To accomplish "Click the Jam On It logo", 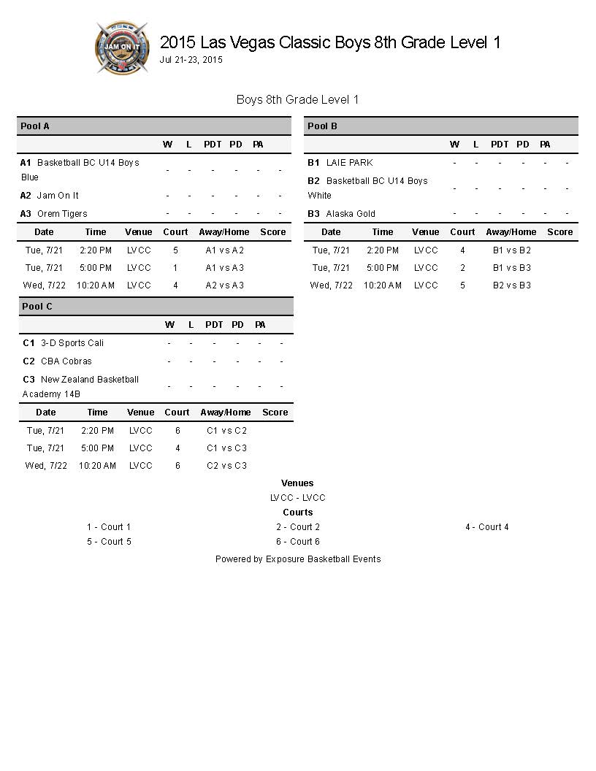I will pos(122,47).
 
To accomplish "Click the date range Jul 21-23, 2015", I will pos(191,60).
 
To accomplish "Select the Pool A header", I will pos(35,126).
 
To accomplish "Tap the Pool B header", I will pos(322,126).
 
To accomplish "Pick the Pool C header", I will pos(37,307).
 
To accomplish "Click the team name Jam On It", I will pos(58,196).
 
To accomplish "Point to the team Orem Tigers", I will pos(62,214).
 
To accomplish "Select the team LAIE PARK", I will pos(349,163).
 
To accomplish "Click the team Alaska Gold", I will pos(351,214).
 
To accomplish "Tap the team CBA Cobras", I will pos(66,361).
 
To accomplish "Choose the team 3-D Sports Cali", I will pos(72,343).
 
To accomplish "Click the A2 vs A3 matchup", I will pos(225,285).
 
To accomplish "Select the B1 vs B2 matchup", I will pos(512,250).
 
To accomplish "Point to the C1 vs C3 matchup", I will pos(227,448).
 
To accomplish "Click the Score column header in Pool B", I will pos(560,232).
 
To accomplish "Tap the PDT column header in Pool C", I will pos(214,325).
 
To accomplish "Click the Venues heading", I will pos(297,483).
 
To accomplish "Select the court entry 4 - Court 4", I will pos(487,527).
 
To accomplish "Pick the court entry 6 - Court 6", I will pos(298,542).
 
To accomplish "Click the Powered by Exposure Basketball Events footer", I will pos(298,559).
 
